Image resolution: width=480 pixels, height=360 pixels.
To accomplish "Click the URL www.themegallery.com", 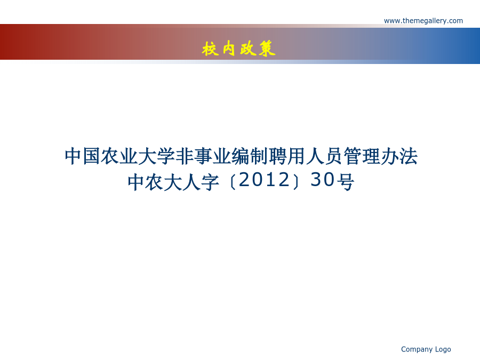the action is (423, 21).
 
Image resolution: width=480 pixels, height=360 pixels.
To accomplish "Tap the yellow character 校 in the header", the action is (211, 49).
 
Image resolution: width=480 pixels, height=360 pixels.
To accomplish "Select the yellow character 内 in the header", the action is (229, 49).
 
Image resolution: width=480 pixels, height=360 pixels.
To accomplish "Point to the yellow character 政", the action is (248, 49).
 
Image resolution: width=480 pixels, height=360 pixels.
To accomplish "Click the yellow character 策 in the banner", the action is (267, 49).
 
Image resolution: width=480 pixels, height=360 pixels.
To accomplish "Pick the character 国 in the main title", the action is (91, 156).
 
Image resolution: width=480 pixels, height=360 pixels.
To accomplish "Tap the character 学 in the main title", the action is (165, 156).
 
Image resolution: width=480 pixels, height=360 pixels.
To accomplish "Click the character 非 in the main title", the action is (185, 156).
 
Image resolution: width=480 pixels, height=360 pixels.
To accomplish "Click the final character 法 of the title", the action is (409, 156).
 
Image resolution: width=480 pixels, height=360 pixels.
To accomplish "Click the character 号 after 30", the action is (345, 182).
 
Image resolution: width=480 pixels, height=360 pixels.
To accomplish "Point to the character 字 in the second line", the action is (210, 182).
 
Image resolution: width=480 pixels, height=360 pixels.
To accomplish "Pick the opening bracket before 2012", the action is (233, 183).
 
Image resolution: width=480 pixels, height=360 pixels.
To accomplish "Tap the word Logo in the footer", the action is (443, 349).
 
